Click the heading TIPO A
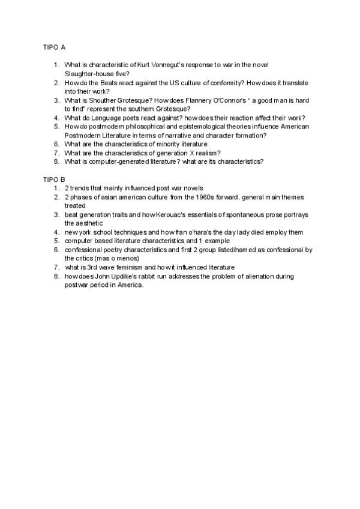pyautogui.click(x=54, y=46)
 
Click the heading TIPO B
pyautogui.click(x=54, y=179)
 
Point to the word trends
pyautogui.click(x=80, y=188)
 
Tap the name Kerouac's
pyautogui.click(x=158, y=214)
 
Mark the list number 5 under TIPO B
pyautogui.click(x=56, y=241)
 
